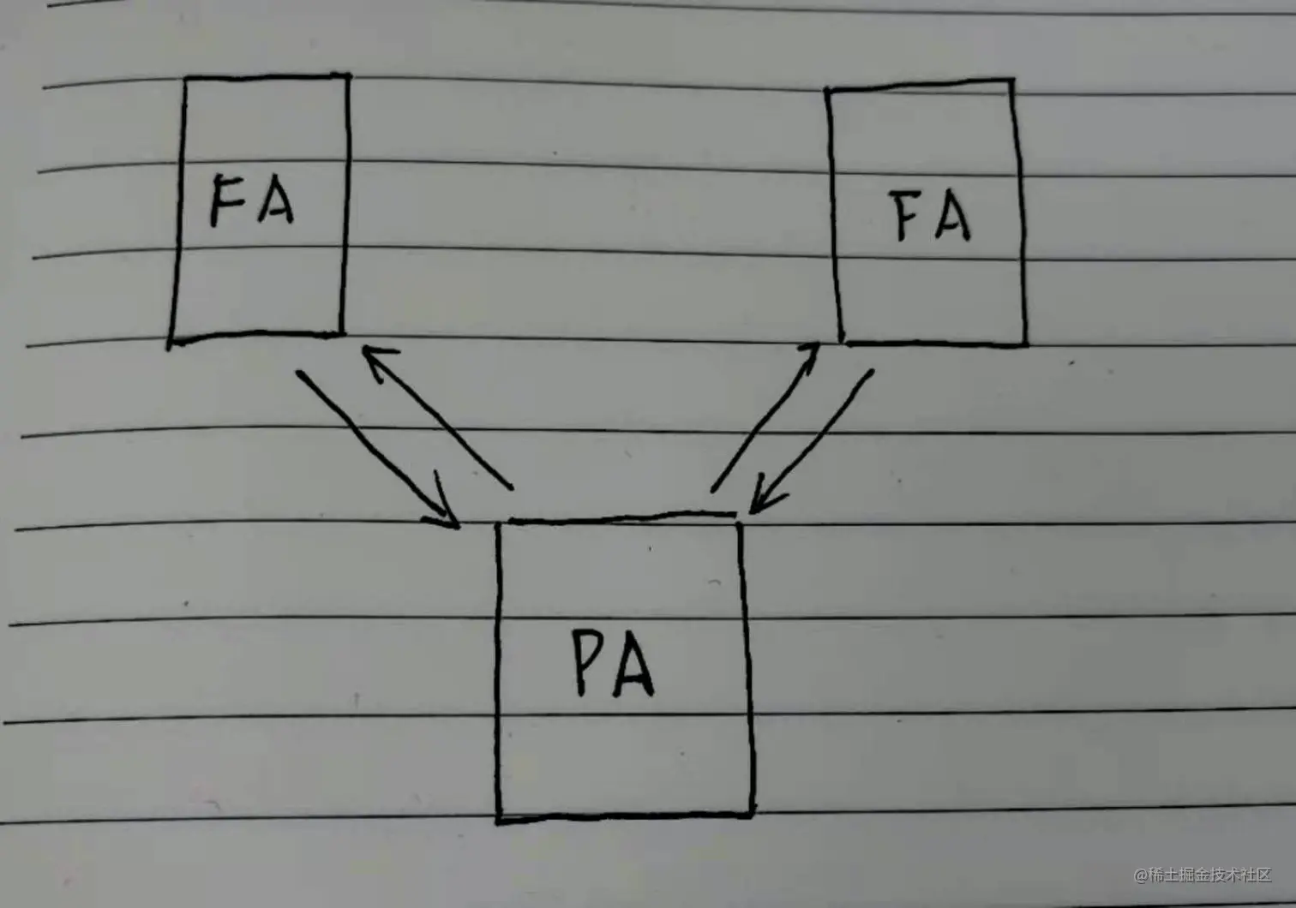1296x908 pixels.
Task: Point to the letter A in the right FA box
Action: point(951,218)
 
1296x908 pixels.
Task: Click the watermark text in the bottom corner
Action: point(1203,875)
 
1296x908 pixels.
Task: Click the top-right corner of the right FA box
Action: point(1012,81)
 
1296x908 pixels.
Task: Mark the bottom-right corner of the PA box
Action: point(752,814)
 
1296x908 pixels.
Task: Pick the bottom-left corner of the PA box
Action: point(499,820)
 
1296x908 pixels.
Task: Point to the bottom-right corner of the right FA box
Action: point(1025,344)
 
